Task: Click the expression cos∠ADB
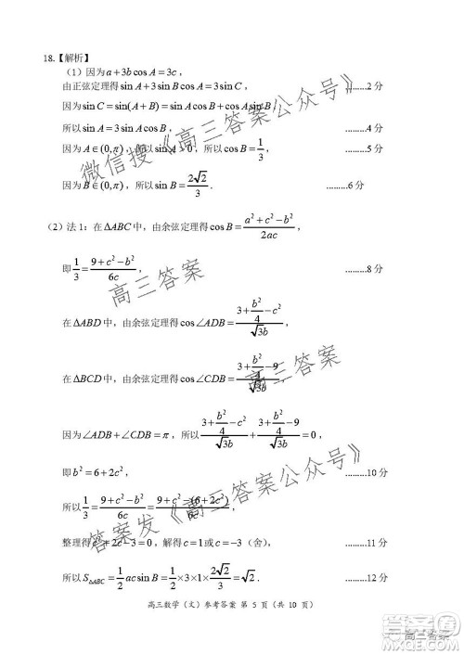(x=199, y=322)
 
